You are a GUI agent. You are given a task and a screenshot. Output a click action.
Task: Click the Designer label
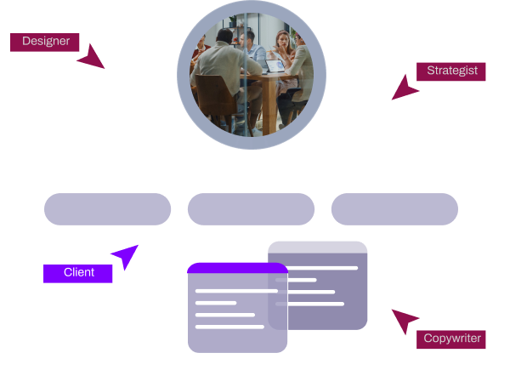[x=45, y=42]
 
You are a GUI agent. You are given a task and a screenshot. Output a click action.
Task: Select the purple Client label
[x=78, y=273]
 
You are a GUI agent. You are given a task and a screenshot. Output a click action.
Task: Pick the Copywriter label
[x=452, y=339]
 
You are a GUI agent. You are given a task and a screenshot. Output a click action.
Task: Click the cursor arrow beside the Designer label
[x=90, y=57]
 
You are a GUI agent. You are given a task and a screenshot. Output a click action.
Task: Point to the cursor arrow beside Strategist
[x=405, y=88]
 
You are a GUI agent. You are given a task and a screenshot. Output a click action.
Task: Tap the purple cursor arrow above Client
[x=125, y=255]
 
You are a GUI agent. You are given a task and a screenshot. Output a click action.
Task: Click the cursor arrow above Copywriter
[x=404, y=321]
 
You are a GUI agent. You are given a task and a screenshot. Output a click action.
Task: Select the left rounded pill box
[x=107, y=209]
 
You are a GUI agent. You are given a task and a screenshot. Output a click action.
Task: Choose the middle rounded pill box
[x=251, y=209]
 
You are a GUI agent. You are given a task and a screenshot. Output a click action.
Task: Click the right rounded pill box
[x=394, y=209]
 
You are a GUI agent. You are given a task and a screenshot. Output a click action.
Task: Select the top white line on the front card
[x=236, y=291]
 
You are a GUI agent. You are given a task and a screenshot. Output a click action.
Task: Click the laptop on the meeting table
[x=274, y=66]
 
